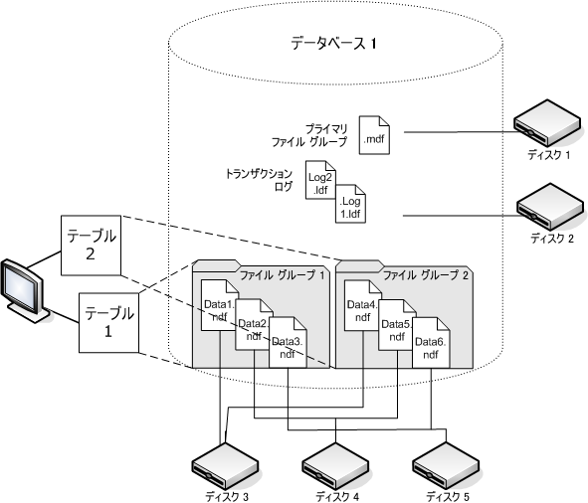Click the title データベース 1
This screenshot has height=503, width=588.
pyautogui.click(x=333, y=44)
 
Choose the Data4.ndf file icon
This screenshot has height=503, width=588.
pyautogui.click(x=360, y=310)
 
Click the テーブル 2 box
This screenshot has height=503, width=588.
pyautogui.click(x=91, y=245)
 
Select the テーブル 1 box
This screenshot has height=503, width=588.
pyautogui.click(x=107, y=322)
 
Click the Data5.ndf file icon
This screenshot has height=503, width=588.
pyautogui.click(x=395, y=327)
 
